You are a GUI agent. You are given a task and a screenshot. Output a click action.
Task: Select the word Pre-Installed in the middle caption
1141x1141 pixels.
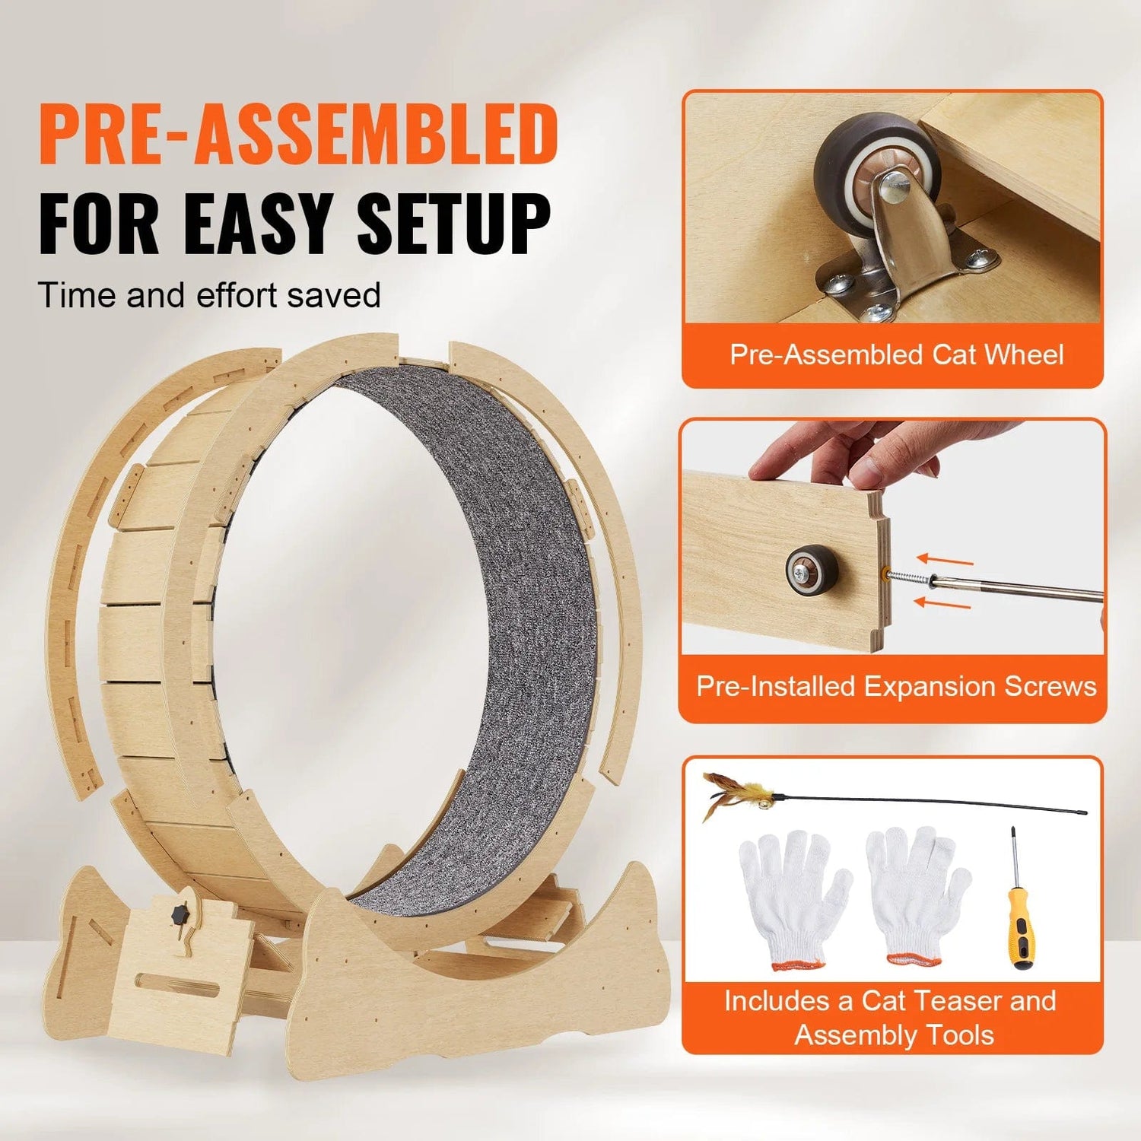point(776,686)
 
